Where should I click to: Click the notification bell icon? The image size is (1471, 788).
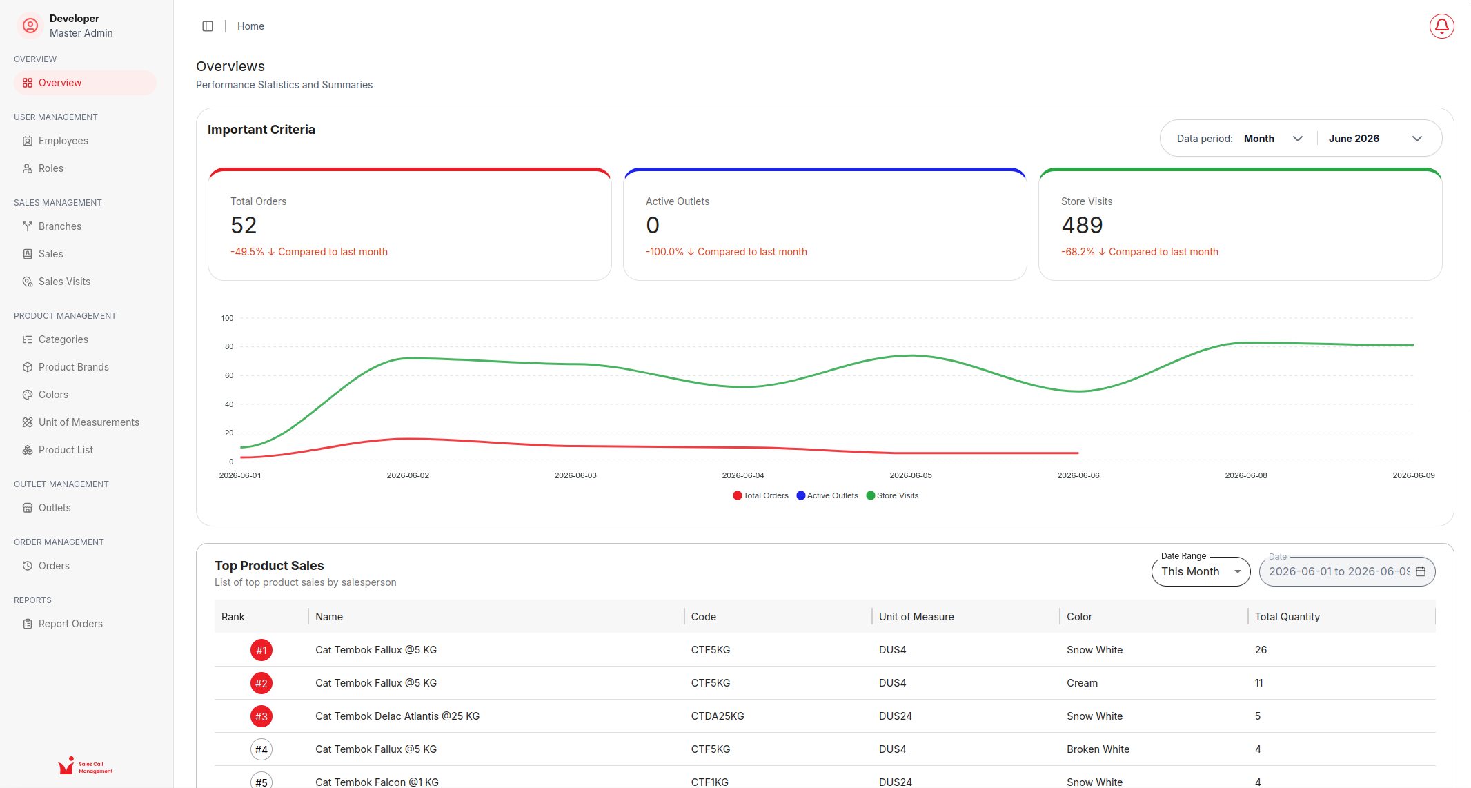(1441, 26)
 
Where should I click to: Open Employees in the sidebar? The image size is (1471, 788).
(63, 141)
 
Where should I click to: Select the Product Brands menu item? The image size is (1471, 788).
(73, 367)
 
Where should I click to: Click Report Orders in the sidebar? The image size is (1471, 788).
(70, 624)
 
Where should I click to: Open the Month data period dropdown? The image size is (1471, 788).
(1273, 139)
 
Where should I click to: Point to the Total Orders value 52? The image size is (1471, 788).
(244, 225)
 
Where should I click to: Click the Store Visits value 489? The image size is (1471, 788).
(1082, 225)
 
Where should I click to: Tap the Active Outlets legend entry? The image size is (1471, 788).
(827, 495)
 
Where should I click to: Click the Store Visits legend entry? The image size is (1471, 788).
(892, 495)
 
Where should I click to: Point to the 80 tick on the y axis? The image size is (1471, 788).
(229, 346)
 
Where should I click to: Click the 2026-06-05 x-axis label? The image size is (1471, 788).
(911, 475)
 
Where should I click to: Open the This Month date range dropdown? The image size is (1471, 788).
(1201, 571)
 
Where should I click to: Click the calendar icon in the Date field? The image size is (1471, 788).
(1421, 571)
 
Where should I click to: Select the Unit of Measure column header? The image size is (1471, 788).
(916, 617)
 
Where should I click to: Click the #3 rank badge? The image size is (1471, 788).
(261, 716)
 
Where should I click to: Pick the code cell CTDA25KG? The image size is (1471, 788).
(718, 716)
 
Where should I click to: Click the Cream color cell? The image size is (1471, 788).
(1082, 683)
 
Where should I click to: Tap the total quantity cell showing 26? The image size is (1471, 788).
(1261, 650)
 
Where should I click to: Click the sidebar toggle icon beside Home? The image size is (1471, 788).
(208, 26)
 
